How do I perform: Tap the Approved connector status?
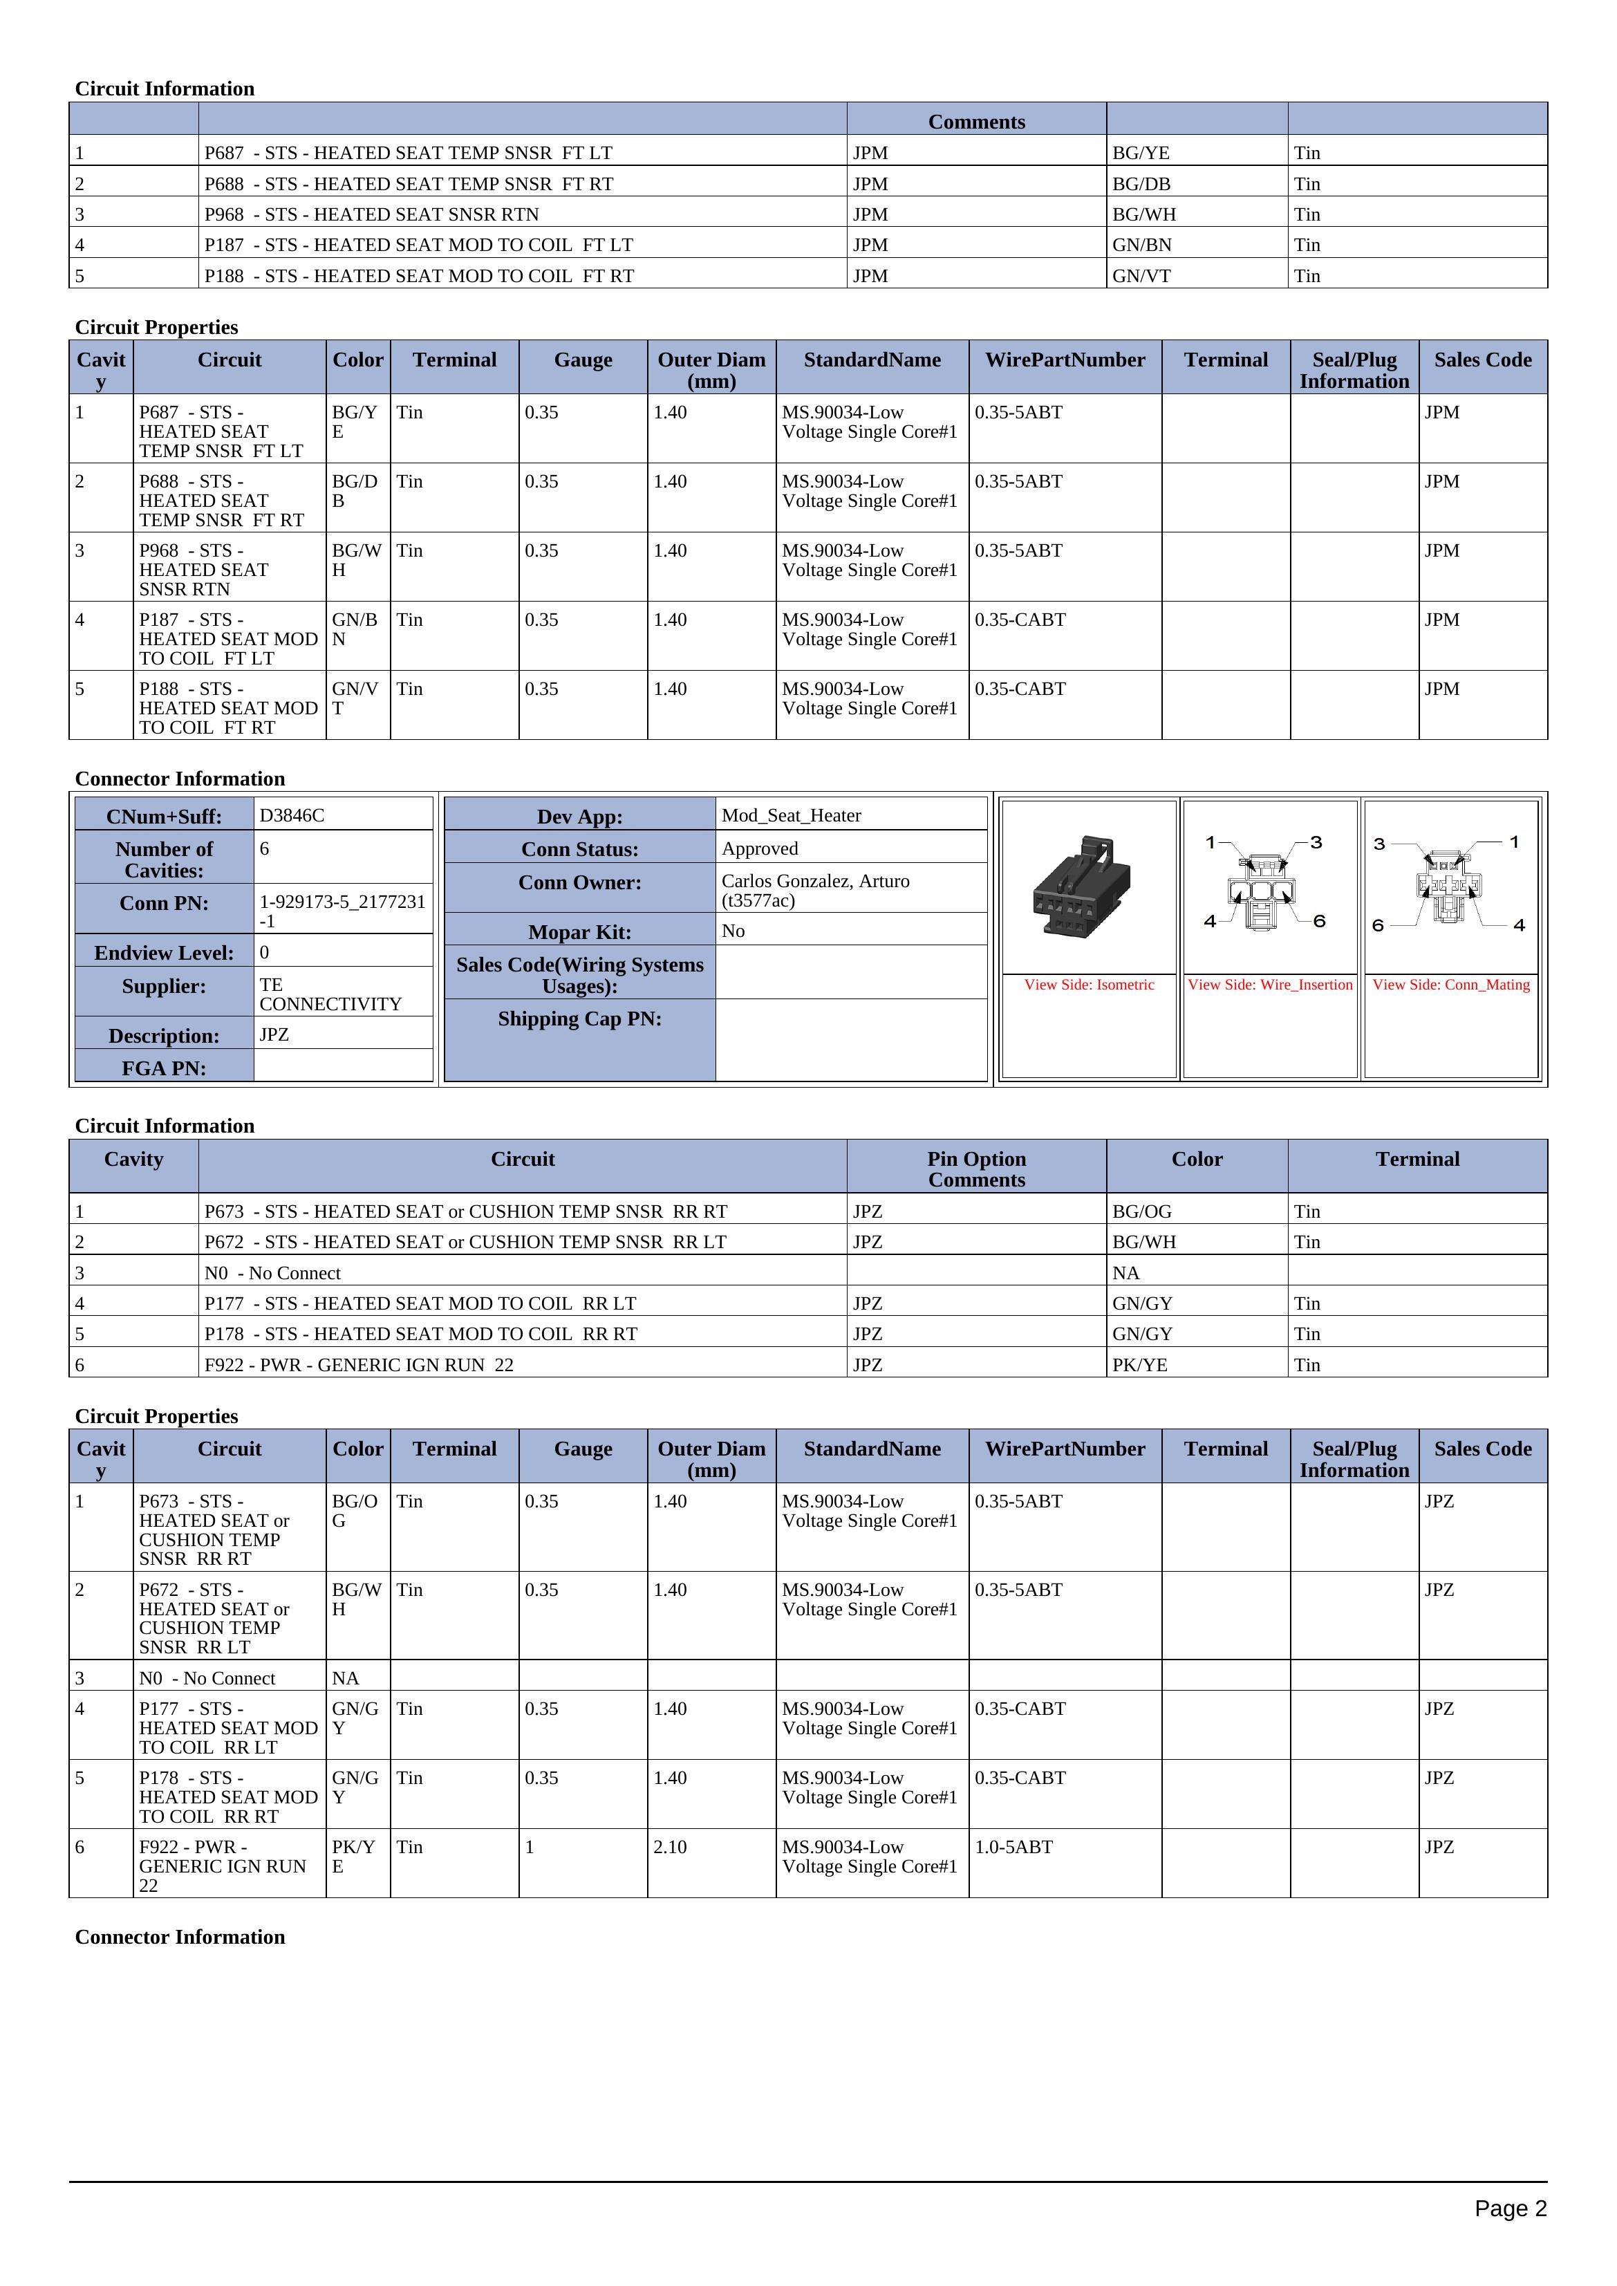[x=760, y=848]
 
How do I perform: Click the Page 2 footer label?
[x=1509, y=2209]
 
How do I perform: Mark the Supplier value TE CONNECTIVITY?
[x=330, y=994]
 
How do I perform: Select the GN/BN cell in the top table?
[x=1141, y=245]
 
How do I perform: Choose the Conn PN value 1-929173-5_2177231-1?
[x=342, y=911]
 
